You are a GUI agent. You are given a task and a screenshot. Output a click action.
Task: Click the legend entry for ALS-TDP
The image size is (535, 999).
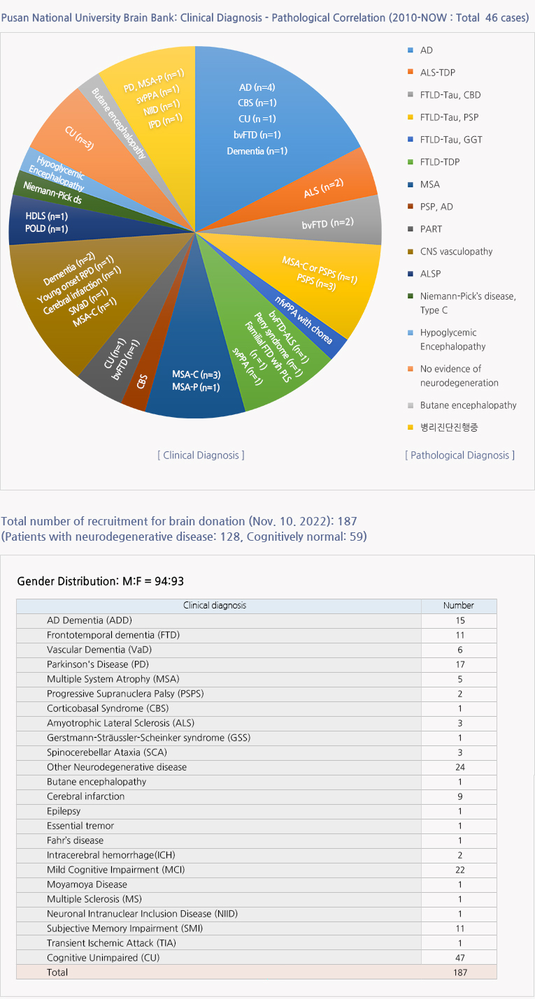pos(438,73)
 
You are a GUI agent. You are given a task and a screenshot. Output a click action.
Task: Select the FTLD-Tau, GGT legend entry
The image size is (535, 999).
pos(450,140)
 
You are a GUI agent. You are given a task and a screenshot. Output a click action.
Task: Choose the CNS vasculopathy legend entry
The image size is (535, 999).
pos(456,251)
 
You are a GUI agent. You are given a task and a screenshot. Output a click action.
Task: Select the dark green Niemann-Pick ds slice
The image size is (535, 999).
pos(57,187)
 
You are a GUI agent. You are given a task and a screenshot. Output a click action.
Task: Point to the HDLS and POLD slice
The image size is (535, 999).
pos(46,223)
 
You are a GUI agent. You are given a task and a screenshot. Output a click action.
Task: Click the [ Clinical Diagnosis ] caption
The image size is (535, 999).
pos(201,455)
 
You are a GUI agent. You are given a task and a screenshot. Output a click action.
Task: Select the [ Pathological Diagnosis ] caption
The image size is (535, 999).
pos(459,455)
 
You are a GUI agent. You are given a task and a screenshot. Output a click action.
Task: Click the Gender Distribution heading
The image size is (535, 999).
pos(100,581)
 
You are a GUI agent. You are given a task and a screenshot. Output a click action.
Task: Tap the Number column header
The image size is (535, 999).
pos(459,606)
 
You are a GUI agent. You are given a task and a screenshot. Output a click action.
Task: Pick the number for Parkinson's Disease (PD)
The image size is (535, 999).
pos(459,664)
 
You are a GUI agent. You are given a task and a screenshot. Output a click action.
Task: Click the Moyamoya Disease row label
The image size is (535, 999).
pos(87,884)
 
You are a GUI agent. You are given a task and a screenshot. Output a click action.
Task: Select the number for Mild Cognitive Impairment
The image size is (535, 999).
pos(459,870)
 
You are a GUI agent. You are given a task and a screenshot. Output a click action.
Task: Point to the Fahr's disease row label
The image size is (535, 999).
pos(75,840)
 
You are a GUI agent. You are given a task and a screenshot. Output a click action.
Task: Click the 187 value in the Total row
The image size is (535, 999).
pos(459,972)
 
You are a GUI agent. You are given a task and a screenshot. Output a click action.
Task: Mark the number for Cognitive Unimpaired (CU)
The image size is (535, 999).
pos(459,958)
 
